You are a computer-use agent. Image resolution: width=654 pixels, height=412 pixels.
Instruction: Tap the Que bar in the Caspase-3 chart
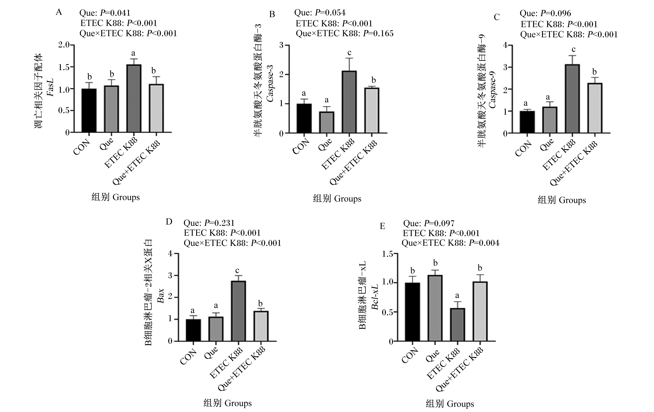point(327,123)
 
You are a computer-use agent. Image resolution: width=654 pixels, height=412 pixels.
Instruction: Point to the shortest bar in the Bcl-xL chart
point(457,325)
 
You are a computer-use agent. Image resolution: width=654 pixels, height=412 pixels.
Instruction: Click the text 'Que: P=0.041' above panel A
point(105,13)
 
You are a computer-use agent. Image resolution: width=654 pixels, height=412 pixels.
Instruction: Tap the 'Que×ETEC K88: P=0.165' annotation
point(344,33)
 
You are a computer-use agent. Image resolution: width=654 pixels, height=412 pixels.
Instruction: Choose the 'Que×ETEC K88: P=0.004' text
point(450,243)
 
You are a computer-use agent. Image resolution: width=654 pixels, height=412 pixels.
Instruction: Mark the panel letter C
point(497,17)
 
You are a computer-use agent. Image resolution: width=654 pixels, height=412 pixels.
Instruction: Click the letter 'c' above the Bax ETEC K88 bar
point(237,271)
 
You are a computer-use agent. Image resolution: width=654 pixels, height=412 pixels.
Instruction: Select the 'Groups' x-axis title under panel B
point(348,199)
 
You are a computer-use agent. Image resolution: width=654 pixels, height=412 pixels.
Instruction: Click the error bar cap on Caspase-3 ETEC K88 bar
point(349,58)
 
